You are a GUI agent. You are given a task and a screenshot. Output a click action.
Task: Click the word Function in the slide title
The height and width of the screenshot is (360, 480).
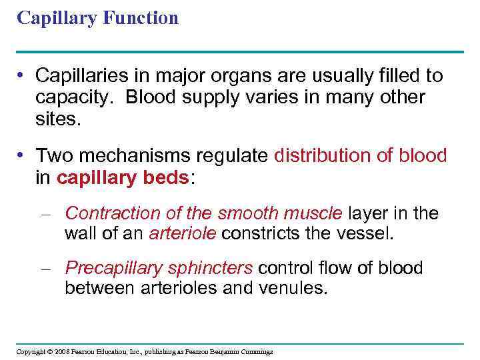141,17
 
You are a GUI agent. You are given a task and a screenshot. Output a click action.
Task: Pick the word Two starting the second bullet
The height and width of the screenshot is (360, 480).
51,156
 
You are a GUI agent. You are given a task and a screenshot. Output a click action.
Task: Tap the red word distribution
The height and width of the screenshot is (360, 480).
319,156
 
